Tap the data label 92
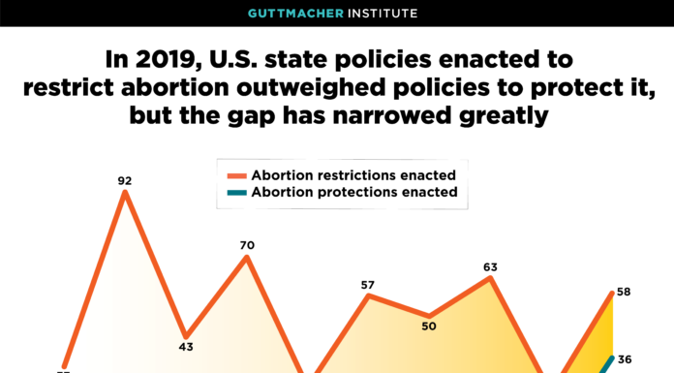click(125, 180)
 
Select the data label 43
click(186, 346)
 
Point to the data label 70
click(247, 245)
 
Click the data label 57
click(368, 285)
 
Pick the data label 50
click(428, 326)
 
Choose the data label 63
click(490, 266)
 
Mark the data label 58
click(624, 292)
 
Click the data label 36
click(624, 358)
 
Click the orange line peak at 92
click(125, 193)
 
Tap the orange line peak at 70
click(247, 257)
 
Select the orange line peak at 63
click(491, 278)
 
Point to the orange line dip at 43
click(185, 332)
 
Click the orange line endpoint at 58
click(611, 293)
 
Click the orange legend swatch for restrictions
click(236, 175)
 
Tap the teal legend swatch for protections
click(236, 193)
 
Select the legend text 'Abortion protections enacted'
click(354, 193)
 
